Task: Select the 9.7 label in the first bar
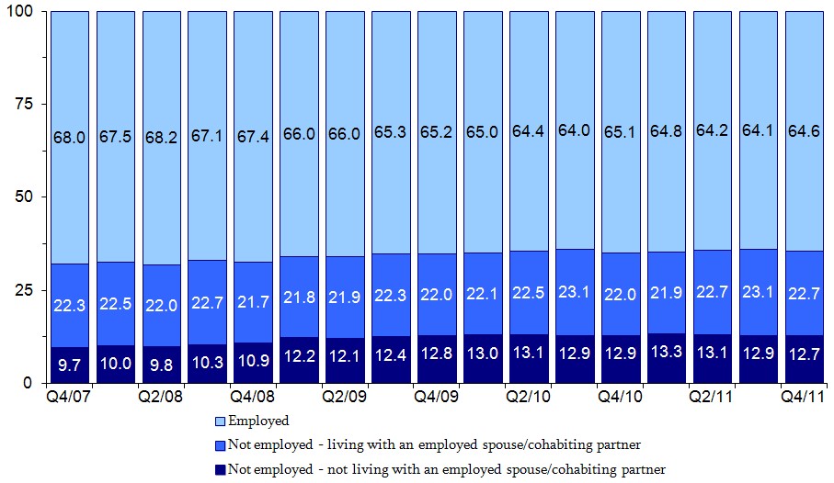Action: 69,365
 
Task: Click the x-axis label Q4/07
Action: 69,399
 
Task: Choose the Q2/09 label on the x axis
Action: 345,399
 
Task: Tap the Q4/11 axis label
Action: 803,399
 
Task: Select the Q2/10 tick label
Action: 529,399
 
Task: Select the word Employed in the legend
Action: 258,421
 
